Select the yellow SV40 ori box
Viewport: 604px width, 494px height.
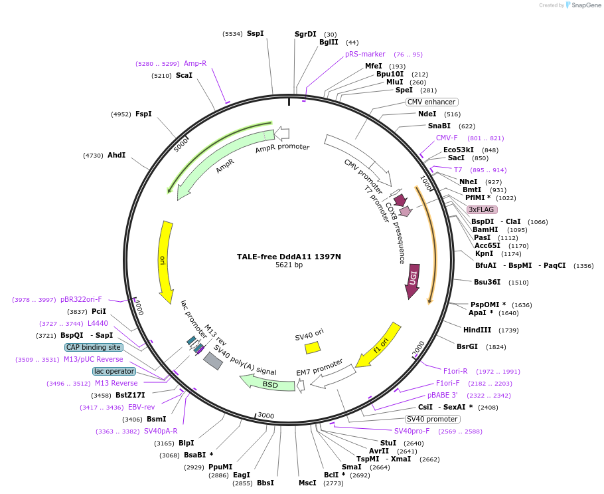312,347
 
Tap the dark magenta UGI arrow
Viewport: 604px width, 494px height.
412,279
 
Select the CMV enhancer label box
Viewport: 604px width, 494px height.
432,102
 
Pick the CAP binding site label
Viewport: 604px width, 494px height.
94,347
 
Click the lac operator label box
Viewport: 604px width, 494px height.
114,371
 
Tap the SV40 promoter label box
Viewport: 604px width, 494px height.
432,419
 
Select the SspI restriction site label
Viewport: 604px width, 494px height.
255,33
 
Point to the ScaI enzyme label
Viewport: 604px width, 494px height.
184,75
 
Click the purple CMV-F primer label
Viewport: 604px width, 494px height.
447,138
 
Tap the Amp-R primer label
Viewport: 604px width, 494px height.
195,63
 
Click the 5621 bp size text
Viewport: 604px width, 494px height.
289,265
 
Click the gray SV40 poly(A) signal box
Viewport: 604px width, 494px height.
213,360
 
